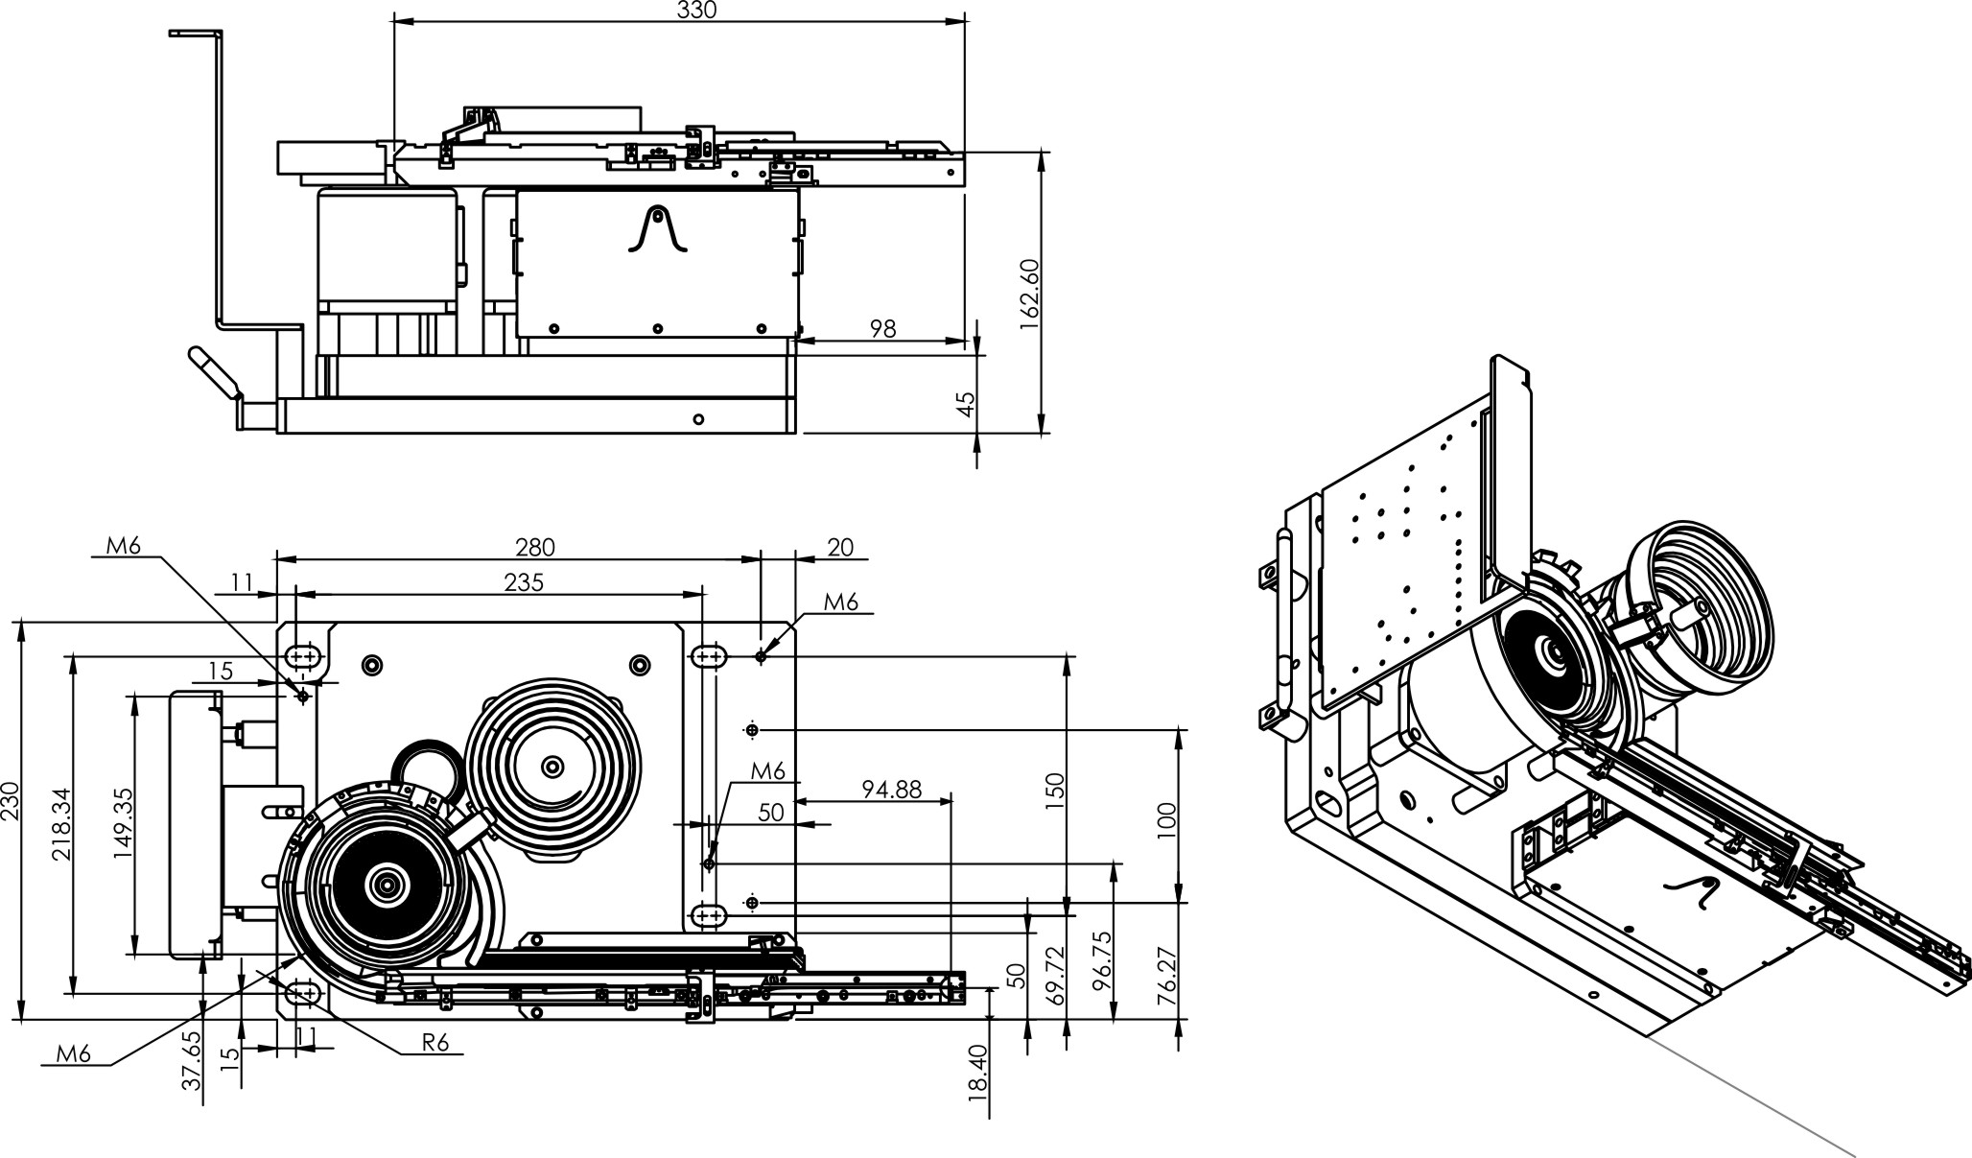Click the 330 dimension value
click(697, 9)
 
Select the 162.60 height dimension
click(1030, 293)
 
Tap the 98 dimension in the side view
click(882, 328)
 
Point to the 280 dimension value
click(535, 547)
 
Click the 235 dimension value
click(524, 582)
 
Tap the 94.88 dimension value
click(891, 789)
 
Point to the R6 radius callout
click(435, 1043)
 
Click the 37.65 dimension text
click(192, 1061)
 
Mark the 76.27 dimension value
click(1167, 974)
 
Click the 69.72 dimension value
click(1055, 974)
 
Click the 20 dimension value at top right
click(840, 547)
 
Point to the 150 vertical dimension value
click(1055, 786)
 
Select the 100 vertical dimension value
click(1167, 821)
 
